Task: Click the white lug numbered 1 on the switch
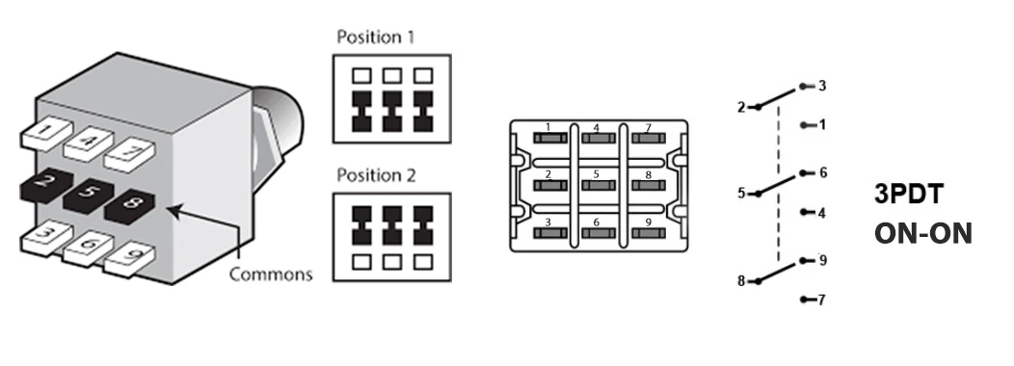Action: (44, 133)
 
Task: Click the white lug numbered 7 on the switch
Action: (129, 154)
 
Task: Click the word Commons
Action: (271, 274)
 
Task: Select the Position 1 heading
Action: (375, 37)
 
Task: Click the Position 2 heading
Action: (376, 175)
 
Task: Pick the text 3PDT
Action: (909, 194)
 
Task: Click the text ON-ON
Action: (922, 233)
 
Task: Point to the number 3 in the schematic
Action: (822, 86)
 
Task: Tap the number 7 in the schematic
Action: (821, 301)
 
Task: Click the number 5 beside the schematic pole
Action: (741, 194)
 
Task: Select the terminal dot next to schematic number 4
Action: (804, 212)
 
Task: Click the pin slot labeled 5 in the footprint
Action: (599, 186)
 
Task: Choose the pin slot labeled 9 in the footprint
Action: (648, 233)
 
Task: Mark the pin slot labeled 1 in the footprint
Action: (550, 138)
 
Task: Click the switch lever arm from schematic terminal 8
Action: (776, 273)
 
